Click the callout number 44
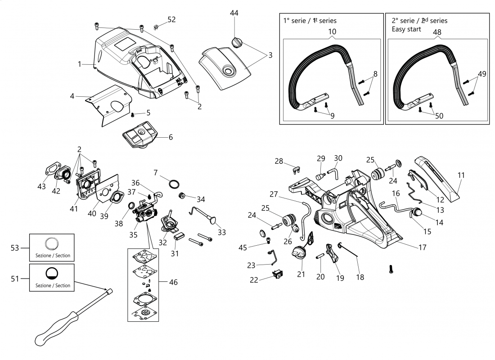coord(234,13)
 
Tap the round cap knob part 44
coord(238,42)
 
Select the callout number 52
coord(171,19)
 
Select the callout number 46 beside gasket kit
coord(174,282)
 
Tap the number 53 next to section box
coord(15,247)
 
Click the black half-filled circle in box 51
coord(52,274)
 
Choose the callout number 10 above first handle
coord(332,32)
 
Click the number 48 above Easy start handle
coord(437,32)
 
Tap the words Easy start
coord(406,29)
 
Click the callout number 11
coord(461,175)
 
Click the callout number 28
coord(279,161)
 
